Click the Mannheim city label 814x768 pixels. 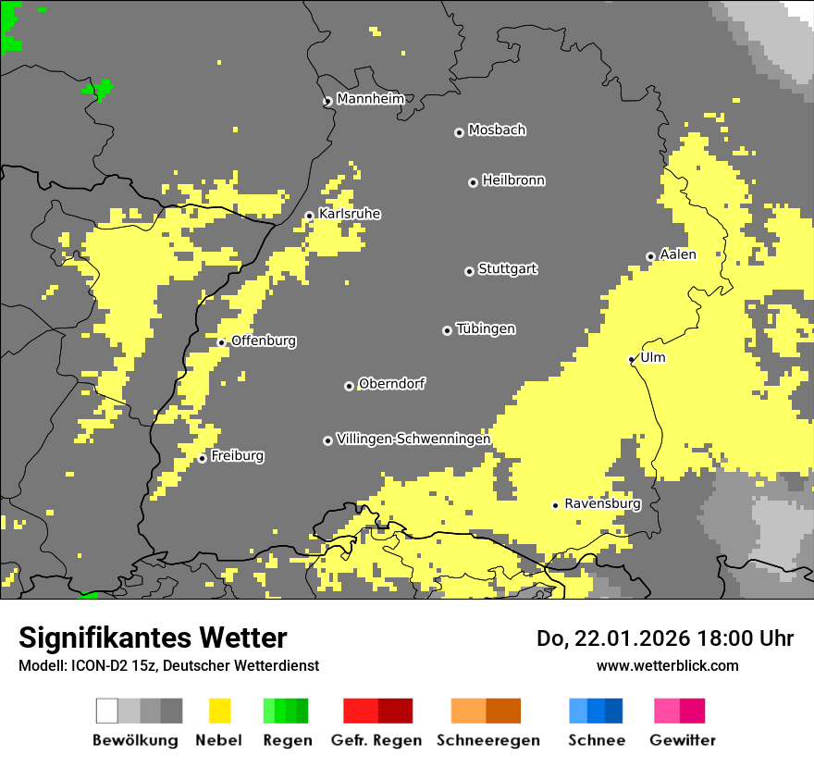370,99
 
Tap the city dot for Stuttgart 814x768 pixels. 469,271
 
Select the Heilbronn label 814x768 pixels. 513,180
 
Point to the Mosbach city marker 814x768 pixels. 459,132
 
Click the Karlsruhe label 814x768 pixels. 350,214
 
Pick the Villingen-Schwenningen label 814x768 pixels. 413,439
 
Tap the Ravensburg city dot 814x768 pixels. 555,505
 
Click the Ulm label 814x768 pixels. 653,357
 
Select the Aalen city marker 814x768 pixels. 650,256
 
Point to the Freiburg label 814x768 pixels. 237,455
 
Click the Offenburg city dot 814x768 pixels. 221,342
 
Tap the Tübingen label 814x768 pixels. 486,328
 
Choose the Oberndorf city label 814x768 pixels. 392,383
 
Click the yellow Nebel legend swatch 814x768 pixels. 219,711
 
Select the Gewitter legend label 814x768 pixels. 683,740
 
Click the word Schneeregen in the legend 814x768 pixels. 487,740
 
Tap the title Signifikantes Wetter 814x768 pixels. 153,638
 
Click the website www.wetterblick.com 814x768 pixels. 667,665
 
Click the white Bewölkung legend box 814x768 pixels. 107,711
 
